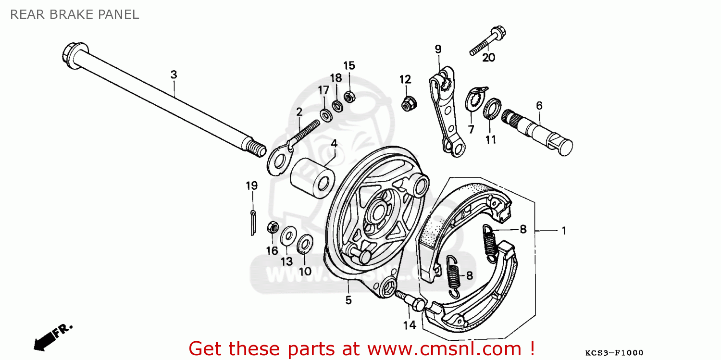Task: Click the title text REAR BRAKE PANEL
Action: click(x=75, y=14)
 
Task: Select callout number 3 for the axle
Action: click(x=174, y=74)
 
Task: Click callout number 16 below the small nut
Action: click(x=272, y=250)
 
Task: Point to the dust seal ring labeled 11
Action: click(x=493, y=109)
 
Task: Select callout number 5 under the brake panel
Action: click(x=348, y=300)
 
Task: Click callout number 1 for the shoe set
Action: click(x=564, y=231)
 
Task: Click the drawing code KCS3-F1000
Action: click(x=614, y=352)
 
